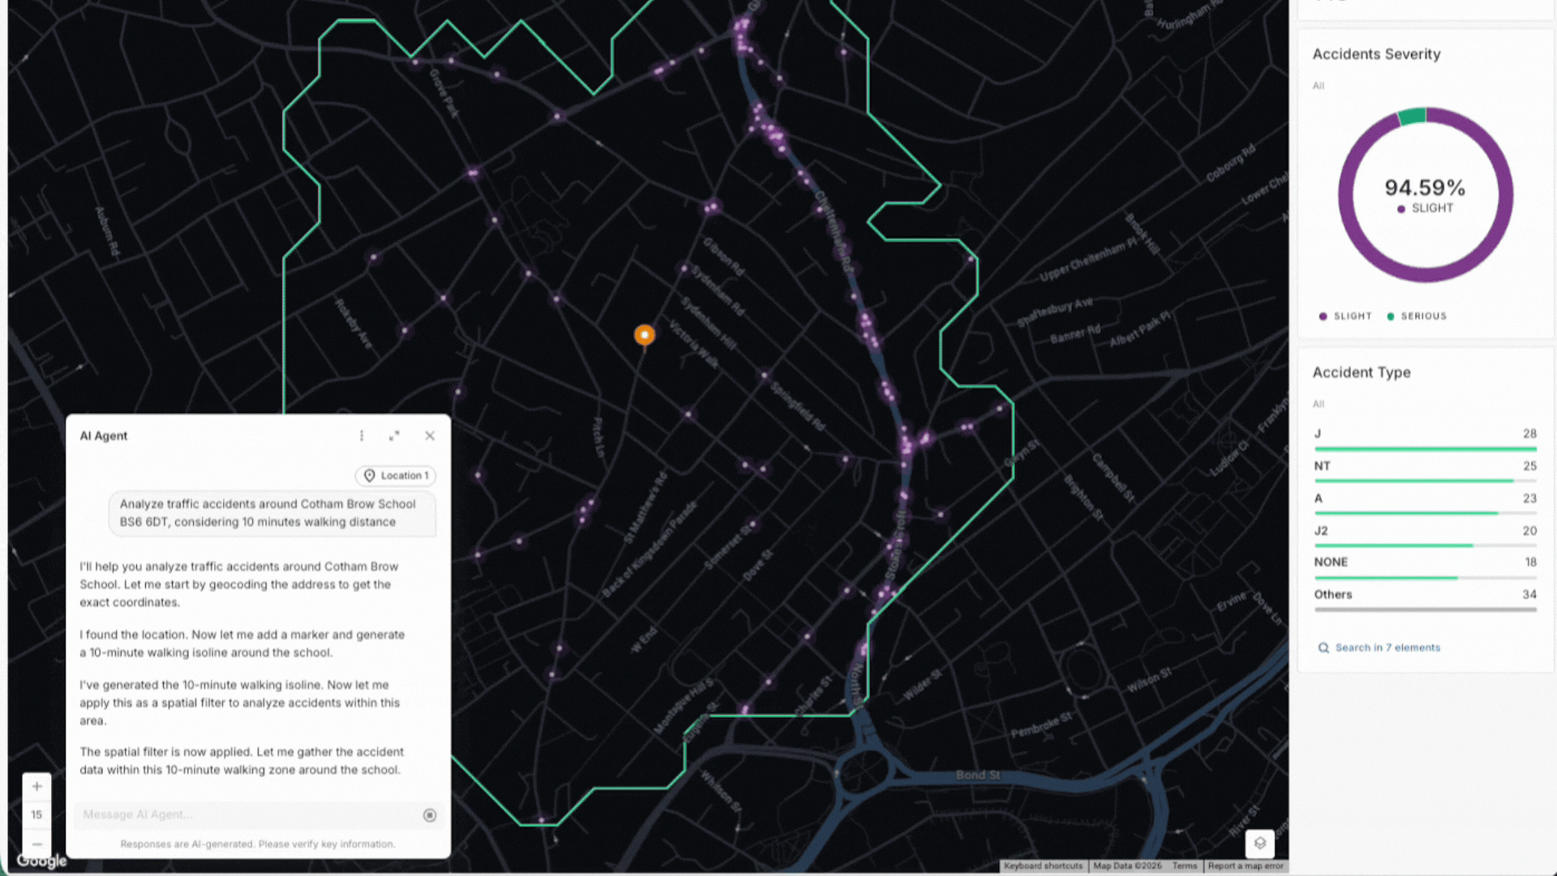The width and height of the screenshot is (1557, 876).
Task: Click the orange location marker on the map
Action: tap(645, 334)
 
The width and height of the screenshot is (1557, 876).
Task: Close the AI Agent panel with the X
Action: tap(430, 436)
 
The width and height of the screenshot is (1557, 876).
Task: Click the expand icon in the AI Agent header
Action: tap(394, 436)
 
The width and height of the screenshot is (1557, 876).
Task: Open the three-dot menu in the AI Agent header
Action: tap(362, 436)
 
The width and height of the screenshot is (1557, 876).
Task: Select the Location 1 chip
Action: tap(396, 475)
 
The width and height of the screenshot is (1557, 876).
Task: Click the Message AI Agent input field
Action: tap(247, 814)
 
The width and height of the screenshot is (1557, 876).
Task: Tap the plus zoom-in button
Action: tap(36, 786)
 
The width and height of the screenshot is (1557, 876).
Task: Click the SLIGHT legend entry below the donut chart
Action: tap(1346, 316)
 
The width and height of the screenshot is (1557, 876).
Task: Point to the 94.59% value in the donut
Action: tap(1425, 188)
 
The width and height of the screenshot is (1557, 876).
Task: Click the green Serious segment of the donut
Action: tap(1413, 116)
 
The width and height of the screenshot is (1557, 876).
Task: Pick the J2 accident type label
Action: tap(1321, 530)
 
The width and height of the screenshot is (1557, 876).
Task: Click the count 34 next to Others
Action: tap(1529, 595)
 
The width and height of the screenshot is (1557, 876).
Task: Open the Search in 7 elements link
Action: tap(1388, 647)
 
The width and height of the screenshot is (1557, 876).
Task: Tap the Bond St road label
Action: tap(977, 775)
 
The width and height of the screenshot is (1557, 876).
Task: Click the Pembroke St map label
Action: tap(1041, 725)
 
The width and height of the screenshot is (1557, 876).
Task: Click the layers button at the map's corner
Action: tap(1259, 843)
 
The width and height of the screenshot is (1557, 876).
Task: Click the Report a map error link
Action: tap(1246, 865)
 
